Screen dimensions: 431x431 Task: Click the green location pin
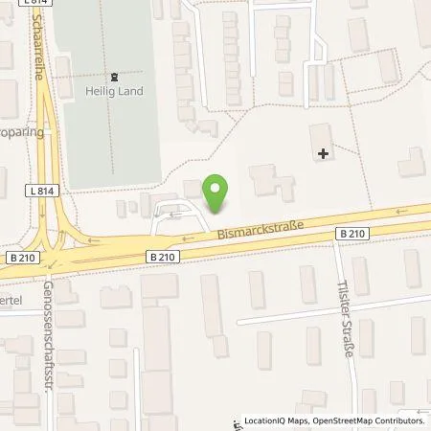[219, 193]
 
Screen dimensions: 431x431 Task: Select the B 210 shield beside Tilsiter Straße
[351, 233]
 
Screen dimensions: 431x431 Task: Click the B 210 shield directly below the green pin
[163, 256]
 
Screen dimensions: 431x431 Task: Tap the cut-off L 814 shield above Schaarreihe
[36, 3]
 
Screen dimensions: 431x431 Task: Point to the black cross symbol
[323, 151]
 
